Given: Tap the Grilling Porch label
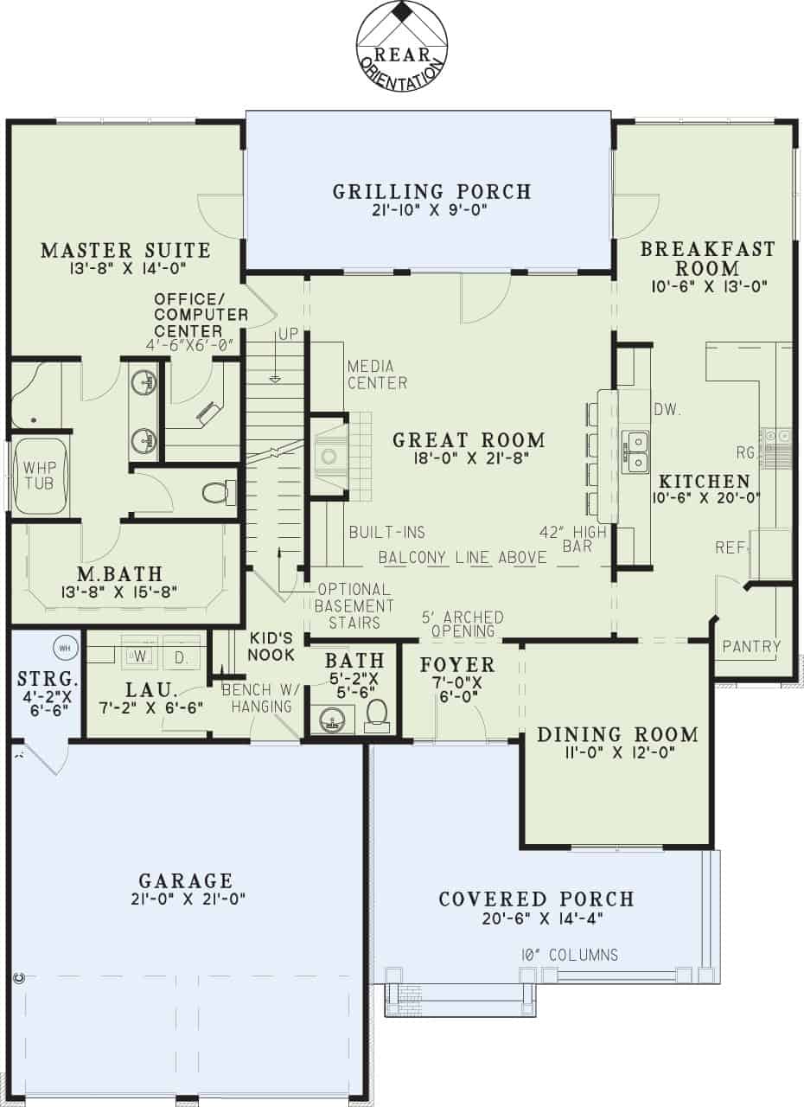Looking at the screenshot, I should [431, 191].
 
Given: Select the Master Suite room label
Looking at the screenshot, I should [125, 251].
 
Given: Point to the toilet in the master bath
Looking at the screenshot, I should [215, 493].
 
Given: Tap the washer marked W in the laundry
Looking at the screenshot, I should [139, 656].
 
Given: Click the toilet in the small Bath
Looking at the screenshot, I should [377, 714].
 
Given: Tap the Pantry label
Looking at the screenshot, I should [751, 646].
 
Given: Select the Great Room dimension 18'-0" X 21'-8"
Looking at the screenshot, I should [469, 459].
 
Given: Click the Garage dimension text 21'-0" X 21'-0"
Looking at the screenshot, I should [186, 899].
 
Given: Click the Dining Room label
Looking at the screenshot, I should [617, 734].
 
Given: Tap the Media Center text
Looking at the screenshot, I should [377, 374].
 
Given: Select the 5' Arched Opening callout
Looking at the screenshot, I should [463, 624].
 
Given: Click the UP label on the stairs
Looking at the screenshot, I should [287, 334].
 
